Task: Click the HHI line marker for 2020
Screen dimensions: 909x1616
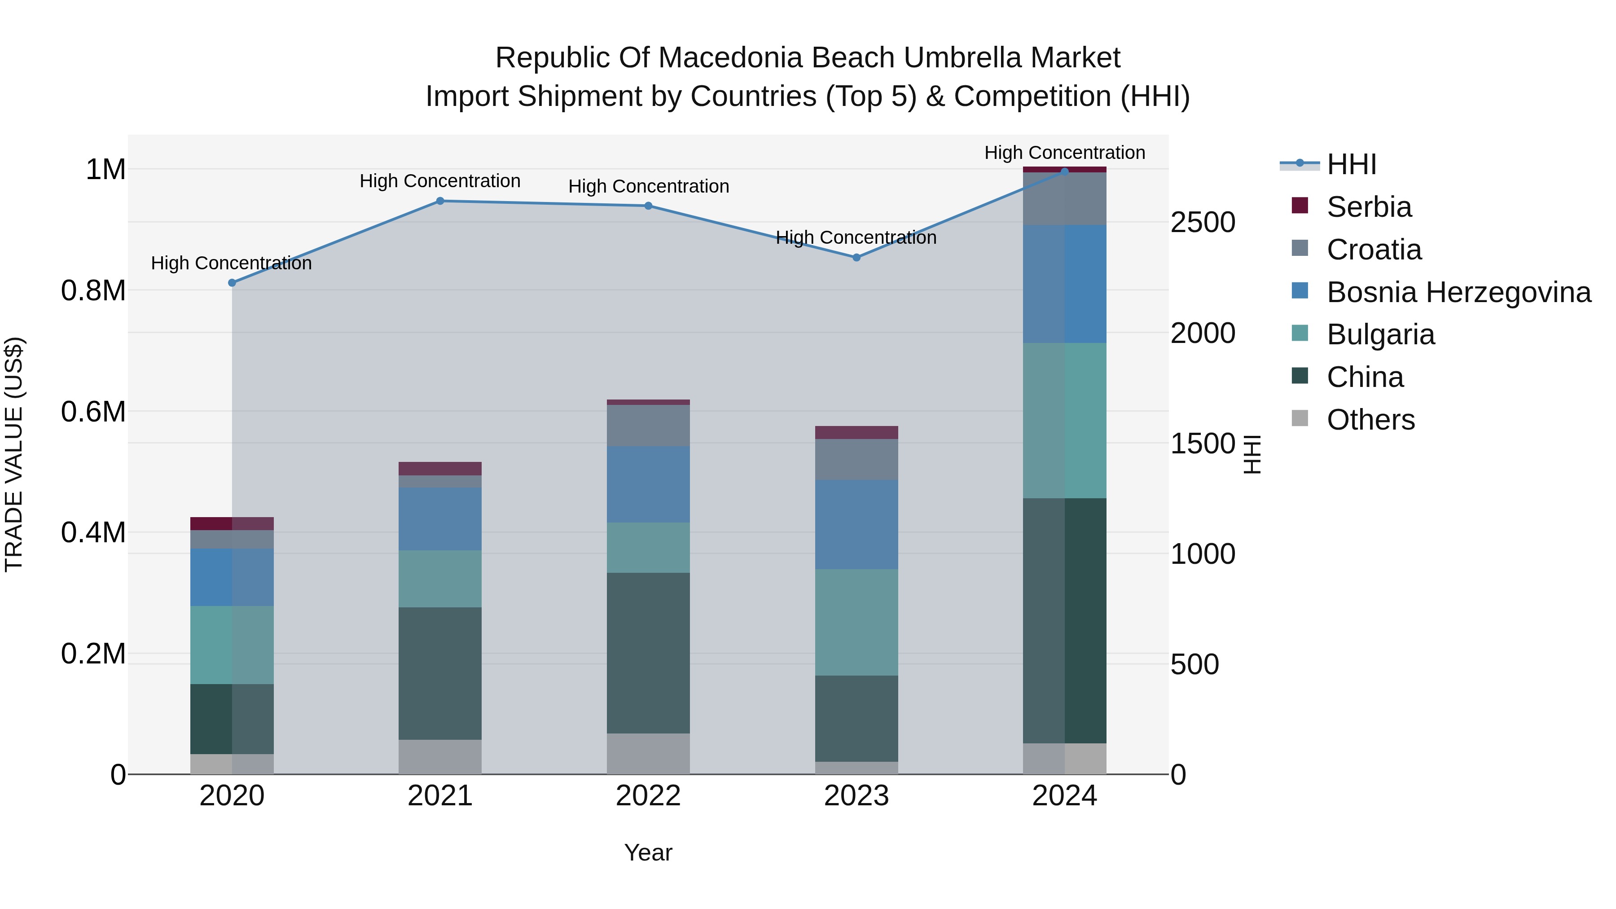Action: (232, 283)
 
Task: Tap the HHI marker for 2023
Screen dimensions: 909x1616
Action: (856, 258)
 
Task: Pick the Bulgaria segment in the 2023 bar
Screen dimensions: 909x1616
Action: (856, 622)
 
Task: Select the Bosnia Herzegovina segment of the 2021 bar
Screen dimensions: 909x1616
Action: (440, 519)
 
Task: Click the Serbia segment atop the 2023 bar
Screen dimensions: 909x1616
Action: (856, 432)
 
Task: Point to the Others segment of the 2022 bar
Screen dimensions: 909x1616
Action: (648, 753)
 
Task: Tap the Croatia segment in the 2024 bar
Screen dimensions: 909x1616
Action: (1065, 199)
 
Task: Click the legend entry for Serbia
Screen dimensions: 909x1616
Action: (1369, 207)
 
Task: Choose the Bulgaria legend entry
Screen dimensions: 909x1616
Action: (1380, 334)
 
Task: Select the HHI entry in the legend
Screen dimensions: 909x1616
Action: (1351, 164)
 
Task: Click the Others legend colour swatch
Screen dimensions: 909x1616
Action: (1300, 418)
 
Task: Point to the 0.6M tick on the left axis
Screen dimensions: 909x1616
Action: (93, 412)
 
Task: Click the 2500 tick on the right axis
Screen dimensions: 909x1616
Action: (1203, 223)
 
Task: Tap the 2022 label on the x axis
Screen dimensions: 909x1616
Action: (648, 796)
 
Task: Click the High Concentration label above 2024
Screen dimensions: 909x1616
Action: (1065, 153)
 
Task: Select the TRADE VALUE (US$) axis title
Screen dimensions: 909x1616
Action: (14, 454)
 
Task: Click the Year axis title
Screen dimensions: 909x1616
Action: (648, 852)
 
